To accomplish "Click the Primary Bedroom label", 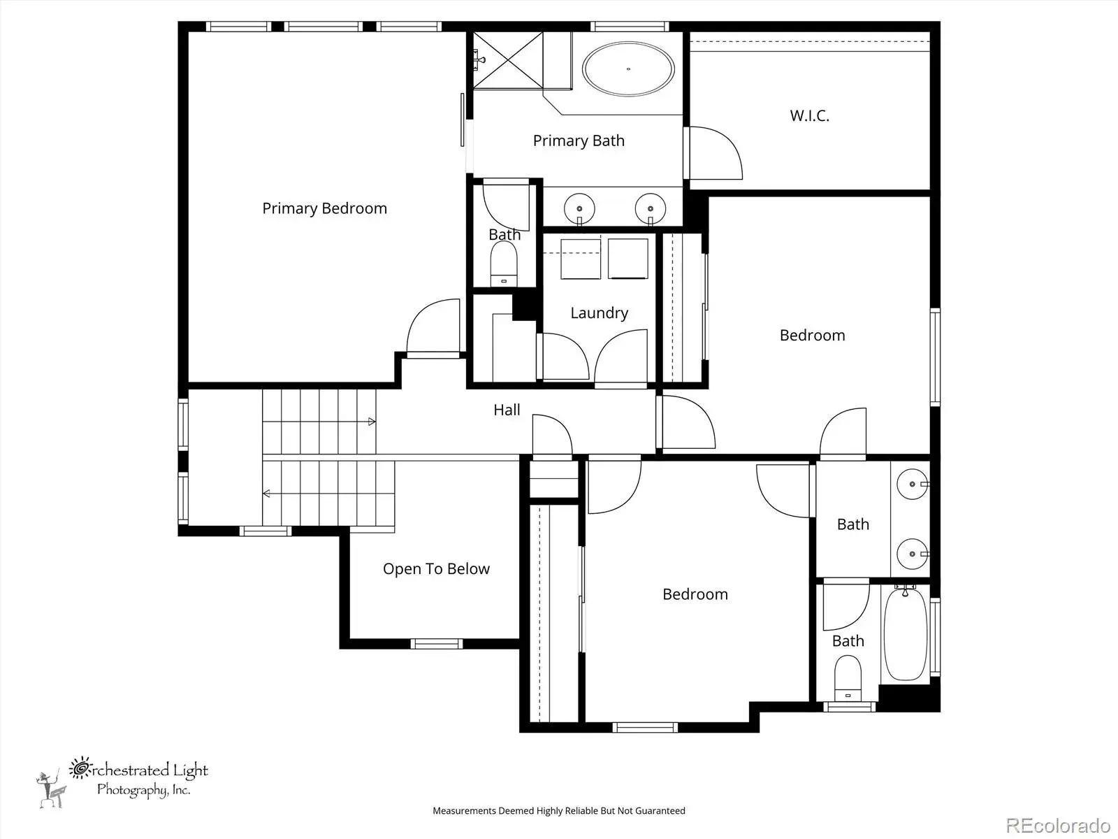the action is [324, 209].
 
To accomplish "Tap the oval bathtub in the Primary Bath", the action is [628, 69].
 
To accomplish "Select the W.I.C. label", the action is [809, 115].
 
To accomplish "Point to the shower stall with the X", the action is [508, 60].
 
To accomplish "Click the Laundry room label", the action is [599, 313].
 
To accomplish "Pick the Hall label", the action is [507, 410].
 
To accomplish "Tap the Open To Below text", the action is [436, 569].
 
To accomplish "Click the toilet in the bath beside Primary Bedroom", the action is [504, 264].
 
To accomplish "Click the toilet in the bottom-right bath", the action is [848, 678].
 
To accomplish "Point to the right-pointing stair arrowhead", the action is [372, 422].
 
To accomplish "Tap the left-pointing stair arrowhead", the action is [266, 493].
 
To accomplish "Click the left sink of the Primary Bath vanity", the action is [579, 208].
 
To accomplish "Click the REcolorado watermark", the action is [1058, 825].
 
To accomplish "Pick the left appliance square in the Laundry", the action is [581, 259].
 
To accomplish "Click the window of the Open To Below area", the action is [437, 644].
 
